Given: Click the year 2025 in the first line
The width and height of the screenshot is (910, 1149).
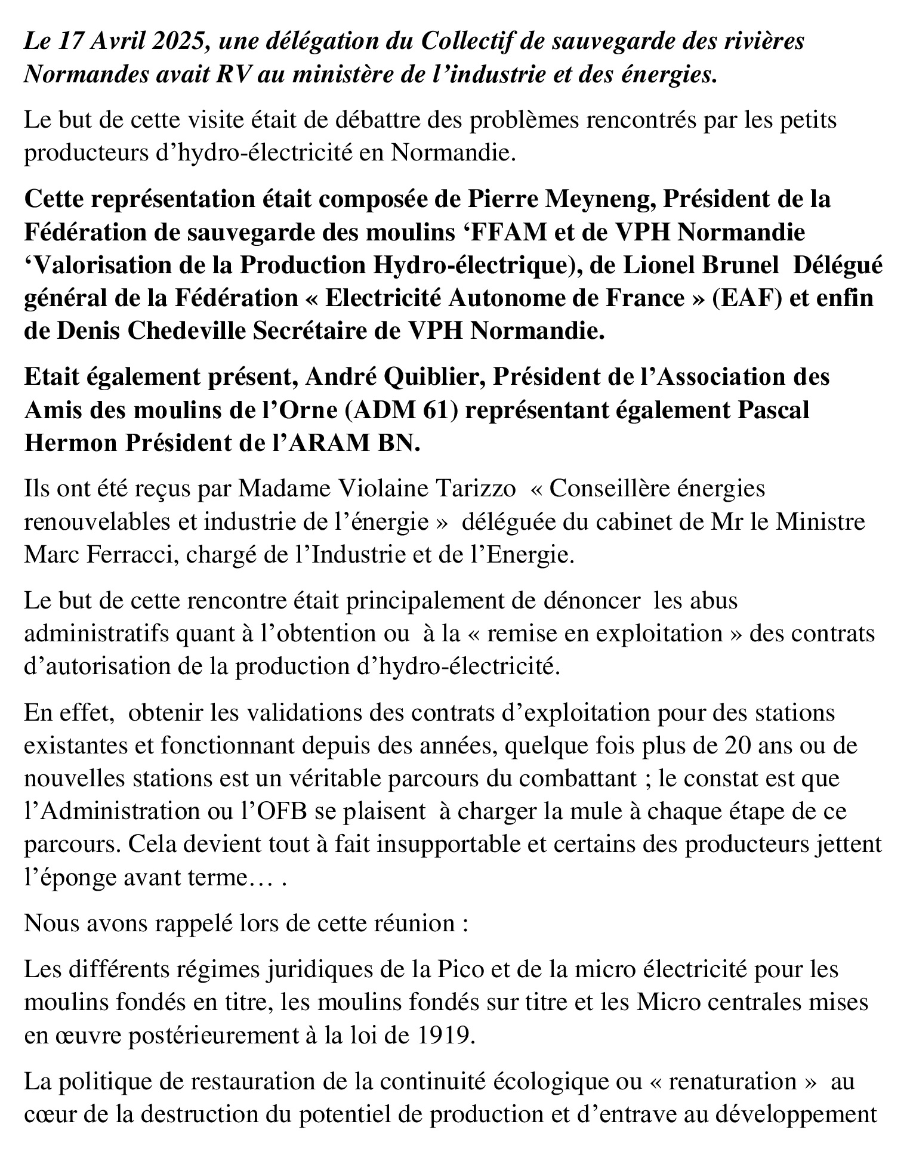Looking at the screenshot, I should [180, 42].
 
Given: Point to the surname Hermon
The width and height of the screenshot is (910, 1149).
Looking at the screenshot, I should [66, 444].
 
